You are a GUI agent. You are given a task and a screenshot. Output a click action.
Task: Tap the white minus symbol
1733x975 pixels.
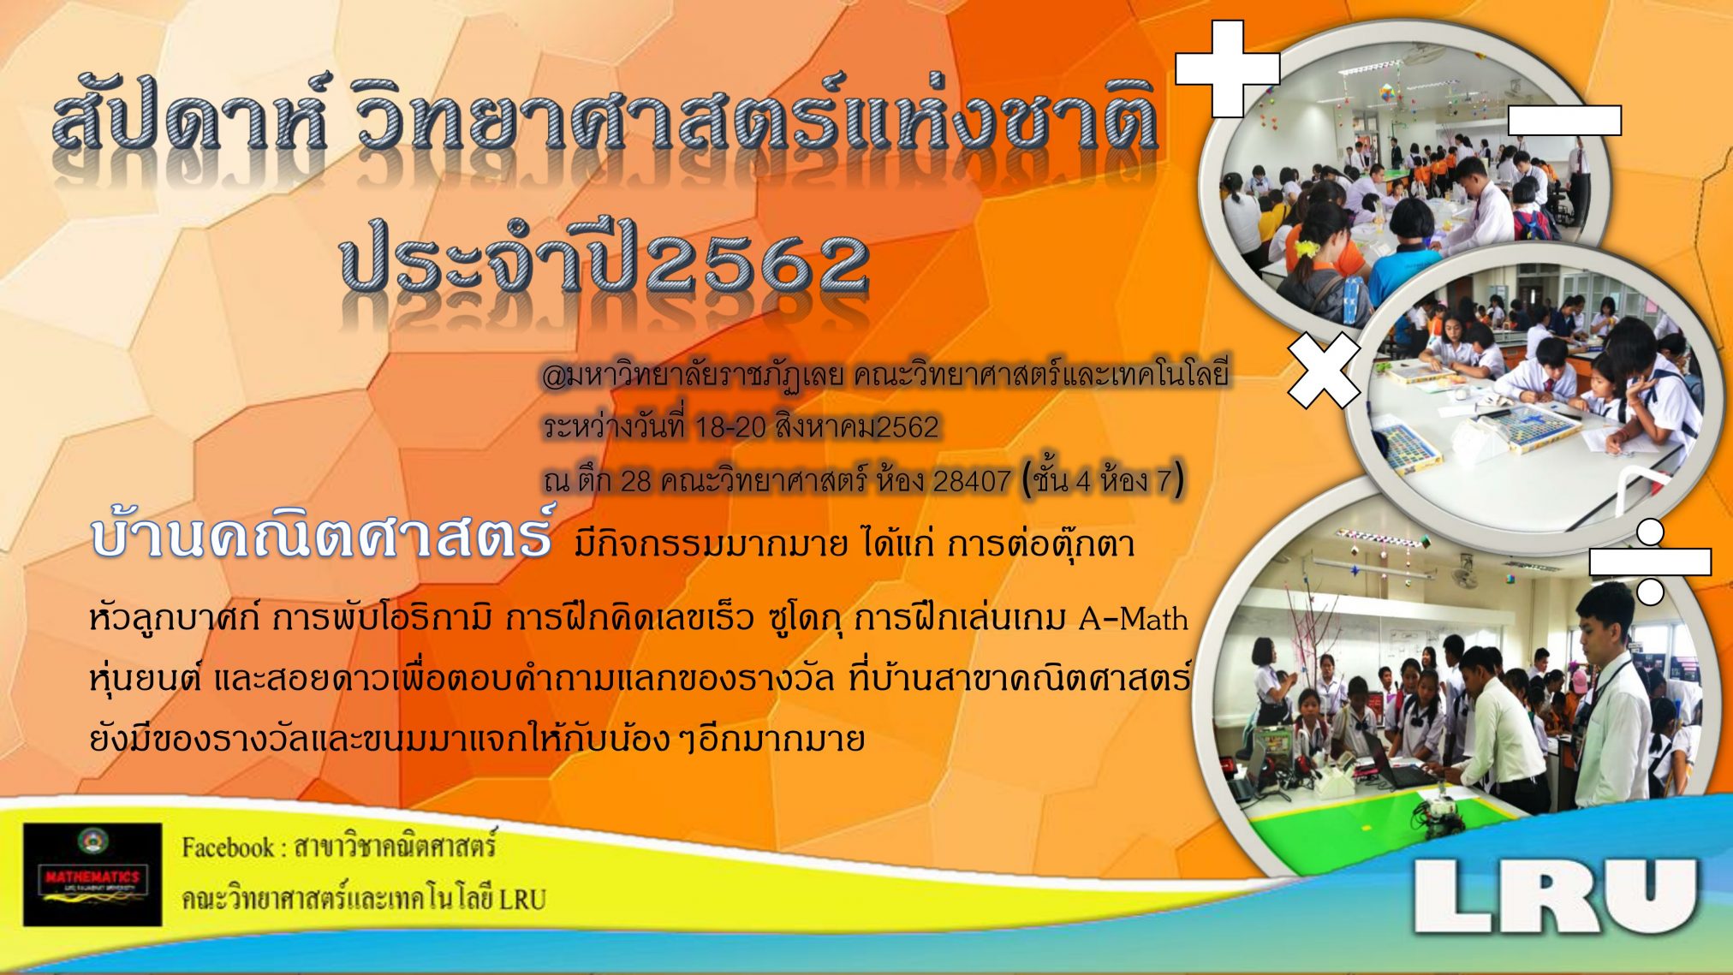coord(1564,121)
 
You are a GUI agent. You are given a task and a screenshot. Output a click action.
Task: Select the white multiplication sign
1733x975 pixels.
coord(1324,370)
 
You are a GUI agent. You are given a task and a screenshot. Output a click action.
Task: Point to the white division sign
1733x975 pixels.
coord(1650,562)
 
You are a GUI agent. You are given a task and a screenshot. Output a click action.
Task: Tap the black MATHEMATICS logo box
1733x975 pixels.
coord(92,875)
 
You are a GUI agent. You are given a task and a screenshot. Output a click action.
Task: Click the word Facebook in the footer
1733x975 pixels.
coord(227,848)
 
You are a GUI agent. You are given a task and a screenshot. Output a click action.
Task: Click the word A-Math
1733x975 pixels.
coord(1133,618)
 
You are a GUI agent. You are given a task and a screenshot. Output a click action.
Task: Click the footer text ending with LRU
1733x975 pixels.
coord(363,900)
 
